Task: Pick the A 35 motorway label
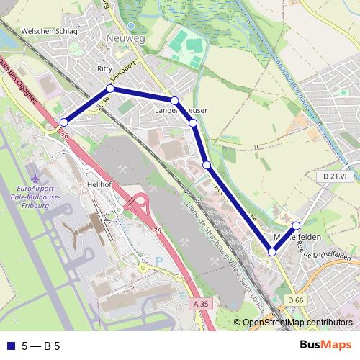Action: click(x=202, y=305)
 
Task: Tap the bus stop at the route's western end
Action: click(x=63, y=122)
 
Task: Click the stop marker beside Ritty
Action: click(x=110, y=89)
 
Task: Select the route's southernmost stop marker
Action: click(x=272, y=251)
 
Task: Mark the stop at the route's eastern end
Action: click(x=297, y=226)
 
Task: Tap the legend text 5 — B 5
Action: click(x=41, y=346)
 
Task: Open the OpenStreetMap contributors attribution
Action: click(x=297, y=323)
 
